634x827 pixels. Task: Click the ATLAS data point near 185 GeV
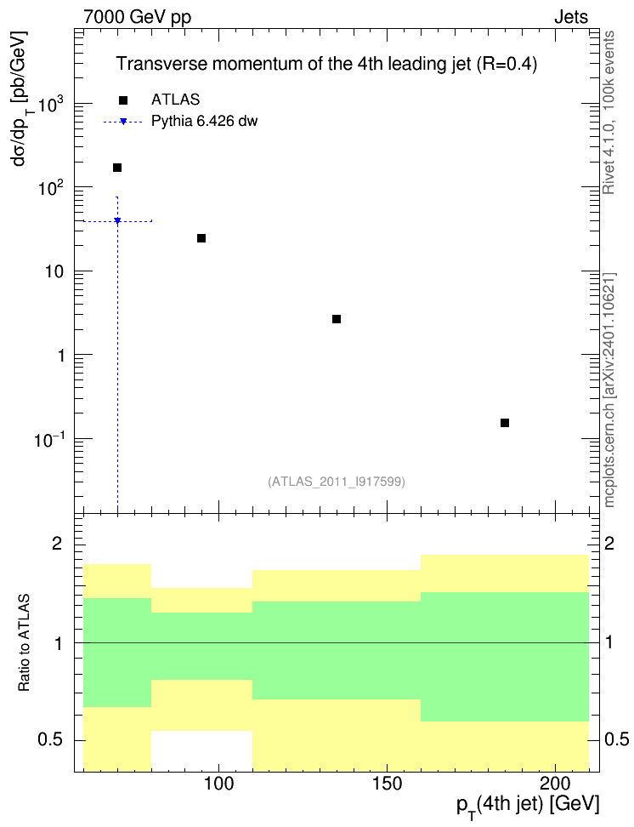pos(504,423)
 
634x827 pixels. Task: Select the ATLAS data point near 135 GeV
pos(337,319)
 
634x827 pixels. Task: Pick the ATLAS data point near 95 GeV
pos(201,238)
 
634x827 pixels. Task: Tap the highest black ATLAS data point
pos(117,168)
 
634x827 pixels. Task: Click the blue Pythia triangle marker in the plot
pos(117,220)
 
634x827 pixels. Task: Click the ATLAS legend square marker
pos(123,100)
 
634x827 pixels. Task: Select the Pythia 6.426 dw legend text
pos(205,122)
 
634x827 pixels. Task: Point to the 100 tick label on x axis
pos(218,784)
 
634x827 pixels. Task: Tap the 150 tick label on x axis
pos(387,784)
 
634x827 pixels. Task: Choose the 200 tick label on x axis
pos(556,784)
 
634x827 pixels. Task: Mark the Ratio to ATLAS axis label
pos(24,643)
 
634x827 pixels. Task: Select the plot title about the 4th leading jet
pos(326,64)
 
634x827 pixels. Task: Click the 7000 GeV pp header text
pos(137,17)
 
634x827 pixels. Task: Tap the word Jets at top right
pos(571,17)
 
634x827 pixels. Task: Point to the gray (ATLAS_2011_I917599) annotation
pos(337,482)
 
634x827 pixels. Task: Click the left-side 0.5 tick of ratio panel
pos(50,740)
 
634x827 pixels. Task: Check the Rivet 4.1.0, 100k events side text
pos(609,112)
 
